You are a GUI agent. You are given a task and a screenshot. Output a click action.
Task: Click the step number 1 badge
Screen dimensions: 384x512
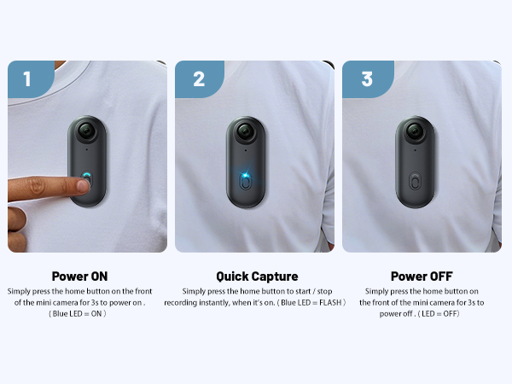(26, 79)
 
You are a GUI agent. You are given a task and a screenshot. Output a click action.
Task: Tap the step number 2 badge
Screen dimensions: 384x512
(199, 79)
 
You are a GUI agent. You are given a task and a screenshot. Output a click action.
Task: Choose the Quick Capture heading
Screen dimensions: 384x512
(257, 276)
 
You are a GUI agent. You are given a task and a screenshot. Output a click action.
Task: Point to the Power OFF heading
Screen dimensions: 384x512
(422, 276)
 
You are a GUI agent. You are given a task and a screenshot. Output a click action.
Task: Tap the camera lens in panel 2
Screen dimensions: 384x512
(244, 134)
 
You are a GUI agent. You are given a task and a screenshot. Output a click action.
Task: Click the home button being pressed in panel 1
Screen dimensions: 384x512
(87, 179)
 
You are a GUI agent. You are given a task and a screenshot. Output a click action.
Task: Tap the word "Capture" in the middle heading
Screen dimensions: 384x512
(274, 276)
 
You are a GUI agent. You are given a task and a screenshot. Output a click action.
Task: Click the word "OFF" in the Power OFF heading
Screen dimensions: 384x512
(439, 276)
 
